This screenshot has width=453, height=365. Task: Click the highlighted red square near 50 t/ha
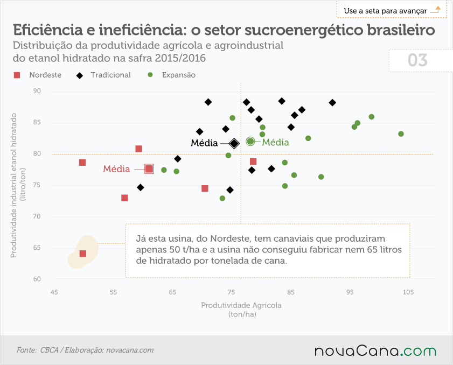[x=83, y=254]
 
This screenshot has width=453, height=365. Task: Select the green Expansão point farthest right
[x=401, y=134]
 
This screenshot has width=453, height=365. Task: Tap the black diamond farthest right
[x=332, y=102]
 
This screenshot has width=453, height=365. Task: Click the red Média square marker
[x=149, y=169]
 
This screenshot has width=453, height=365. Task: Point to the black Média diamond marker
[x=234, y=143]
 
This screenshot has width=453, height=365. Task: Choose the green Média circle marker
[x=250, y=142]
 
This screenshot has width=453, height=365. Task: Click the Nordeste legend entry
[x=38, y=75]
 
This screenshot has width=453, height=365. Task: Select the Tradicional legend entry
[x=103, y=75]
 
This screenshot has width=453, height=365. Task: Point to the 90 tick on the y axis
[x=37, y=91]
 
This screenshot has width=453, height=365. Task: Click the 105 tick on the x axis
[x=408, y=292]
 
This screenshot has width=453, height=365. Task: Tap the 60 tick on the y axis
[x=37, y=279]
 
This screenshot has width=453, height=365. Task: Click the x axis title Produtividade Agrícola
[x=241, y=305]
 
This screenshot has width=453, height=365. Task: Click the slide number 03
[x=417, y=60]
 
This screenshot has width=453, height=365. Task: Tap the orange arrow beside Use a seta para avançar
[x=436, y=10]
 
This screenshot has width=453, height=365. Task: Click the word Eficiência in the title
[x=48, y=30]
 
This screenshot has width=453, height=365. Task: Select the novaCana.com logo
[x=375, y=350]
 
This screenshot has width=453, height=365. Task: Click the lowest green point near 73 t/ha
[x=222, y=199]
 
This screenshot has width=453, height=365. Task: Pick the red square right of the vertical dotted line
[x=253, y=162]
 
